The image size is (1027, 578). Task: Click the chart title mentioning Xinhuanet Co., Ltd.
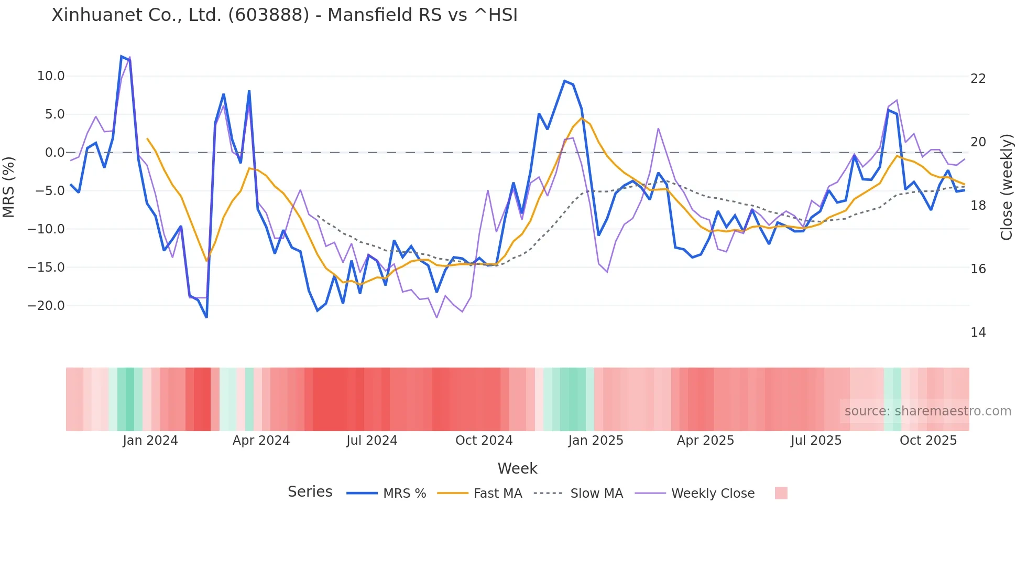[285, 15]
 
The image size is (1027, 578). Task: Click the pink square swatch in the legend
[781, 493]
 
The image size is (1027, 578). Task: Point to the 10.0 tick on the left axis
[51, 76]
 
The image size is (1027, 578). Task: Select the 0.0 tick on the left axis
[54, 153]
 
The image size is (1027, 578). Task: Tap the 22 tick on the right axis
[978, 79]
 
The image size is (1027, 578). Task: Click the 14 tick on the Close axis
[978, 333]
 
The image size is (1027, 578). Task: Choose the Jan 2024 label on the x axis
[150, 441]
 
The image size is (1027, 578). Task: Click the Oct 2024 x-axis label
[484, 441]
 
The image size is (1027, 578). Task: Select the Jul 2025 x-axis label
[816, 441]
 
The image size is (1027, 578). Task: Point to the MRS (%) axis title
[9, 187]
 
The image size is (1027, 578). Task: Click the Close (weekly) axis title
[1006, 187]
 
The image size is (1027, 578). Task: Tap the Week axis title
[517, 468]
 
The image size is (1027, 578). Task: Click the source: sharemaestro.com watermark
[927, 411]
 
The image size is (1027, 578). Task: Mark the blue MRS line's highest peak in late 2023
[122, 56]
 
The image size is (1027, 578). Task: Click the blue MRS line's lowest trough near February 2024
[206, 317]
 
